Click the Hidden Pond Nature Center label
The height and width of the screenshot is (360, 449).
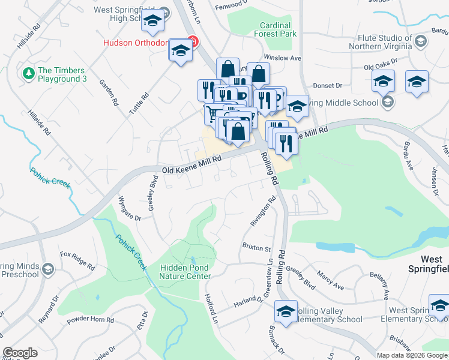point(185,272)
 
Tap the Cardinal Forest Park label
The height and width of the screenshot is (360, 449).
point(276,30)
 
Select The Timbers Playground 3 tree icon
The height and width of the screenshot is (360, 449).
point(28,73)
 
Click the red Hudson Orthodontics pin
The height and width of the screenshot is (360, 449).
point(193,42)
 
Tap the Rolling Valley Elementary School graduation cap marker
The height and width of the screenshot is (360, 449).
point(286,311)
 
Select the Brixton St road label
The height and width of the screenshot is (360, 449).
point(257,247)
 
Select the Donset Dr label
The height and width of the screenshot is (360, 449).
point(327,85)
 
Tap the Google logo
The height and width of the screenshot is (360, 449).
point(20,353)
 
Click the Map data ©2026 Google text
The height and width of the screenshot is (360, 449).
point(412,355)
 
